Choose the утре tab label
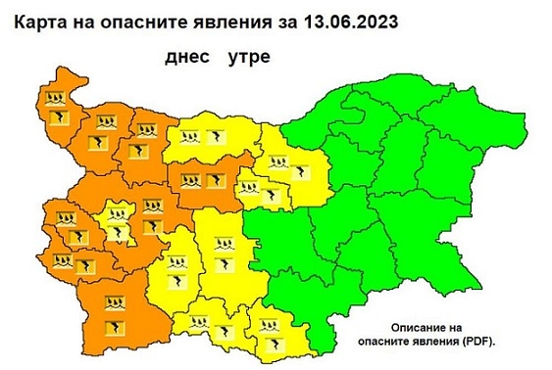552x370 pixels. pyautogui.click(x=248, y=57)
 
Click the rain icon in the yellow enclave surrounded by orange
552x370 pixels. pyautogui.click(x=119, y=215)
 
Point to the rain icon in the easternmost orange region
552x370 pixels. pyautogui.click(x=191, y=180)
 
